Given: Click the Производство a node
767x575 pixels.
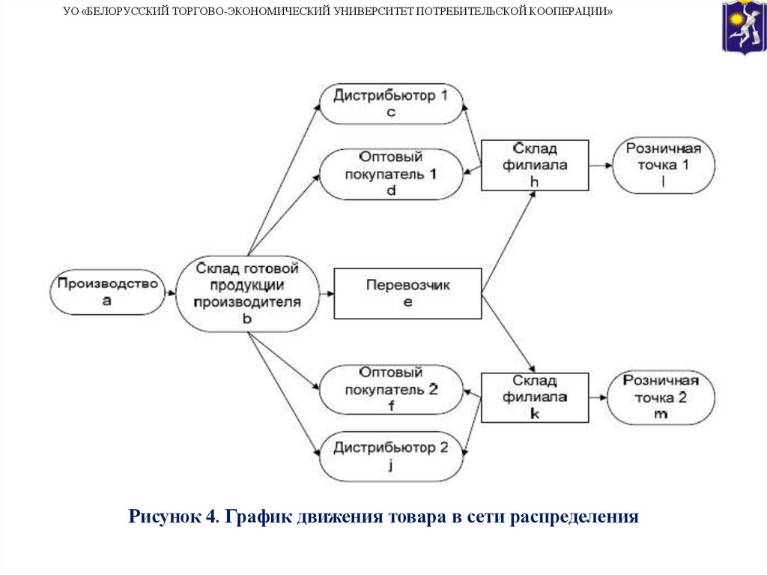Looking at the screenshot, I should pyautogui.click(x=107, y=292).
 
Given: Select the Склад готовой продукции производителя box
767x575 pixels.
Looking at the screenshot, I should pyautogui.click(x=247, y=293).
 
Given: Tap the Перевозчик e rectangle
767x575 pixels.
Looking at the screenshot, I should pyautogui.click(x=407, y=293).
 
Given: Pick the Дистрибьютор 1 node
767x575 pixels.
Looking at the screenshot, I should pyautogui.click(x=390, y=103).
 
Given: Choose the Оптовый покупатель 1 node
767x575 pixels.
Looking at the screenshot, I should pyautogui.click(x=390, y=174).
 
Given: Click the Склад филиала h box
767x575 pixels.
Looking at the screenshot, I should pyautogui.click(x=534, y=165).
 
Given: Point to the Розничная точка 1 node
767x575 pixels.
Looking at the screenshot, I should pyautogui.click(x=663, y=165).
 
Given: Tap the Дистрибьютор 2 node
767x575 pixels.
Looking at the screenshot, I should pyautogui.click(x=390, y=457).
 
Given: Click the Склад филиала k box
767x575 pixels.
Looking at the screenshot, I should pyautogui.click(x=534, y=397).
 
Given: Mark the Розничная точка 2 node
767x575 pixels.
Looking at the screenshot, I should pyautogui.click(x=659, y=397).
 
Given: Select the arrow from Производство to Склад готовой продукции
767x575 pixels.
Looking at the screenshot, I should pyautogui.click(x=170, y=292).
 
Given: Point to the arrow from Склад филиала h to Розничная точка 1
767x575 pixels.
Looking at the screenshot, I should pyautogui.click(x=600, y=165).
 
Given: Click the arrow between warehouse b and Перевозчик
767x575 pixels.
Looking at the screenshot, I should pyautogui.click(x=326, y=292).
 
